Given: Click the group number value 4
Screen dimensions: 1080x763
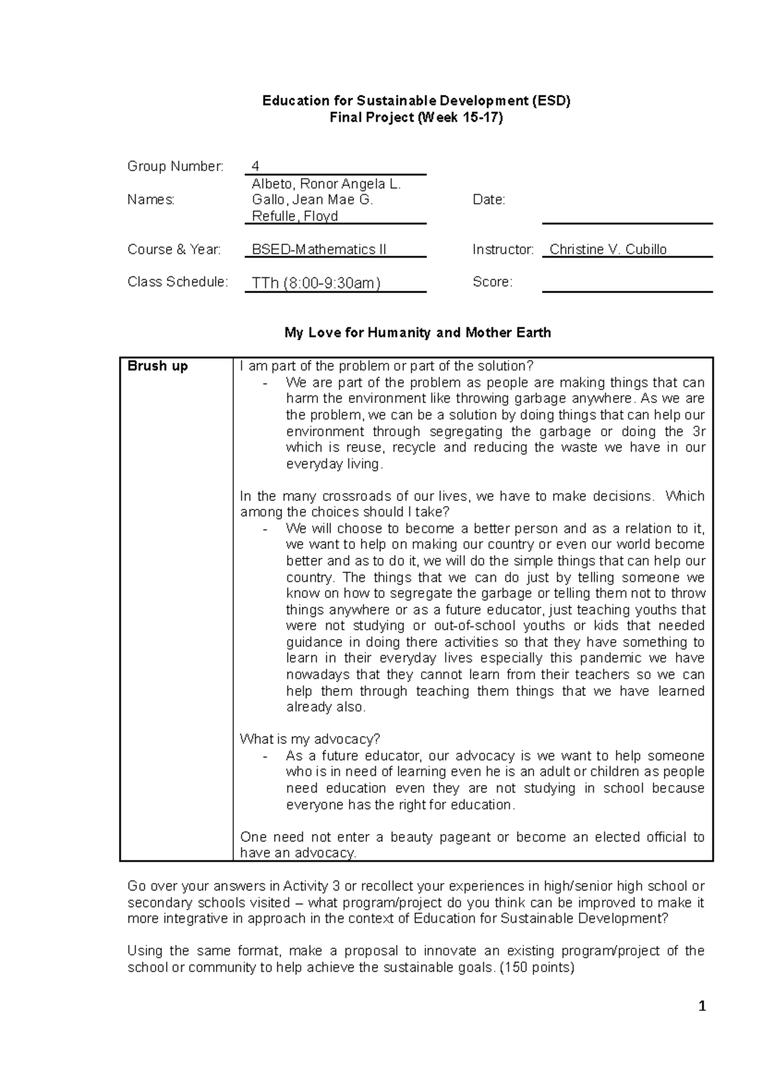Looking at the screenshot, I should point(256,167).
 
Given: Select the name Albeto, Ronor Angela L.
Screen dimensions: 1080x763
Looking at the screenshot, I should point(326,184).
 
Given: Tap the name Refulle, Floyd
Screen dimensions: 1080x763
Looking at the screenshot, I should point(294,216).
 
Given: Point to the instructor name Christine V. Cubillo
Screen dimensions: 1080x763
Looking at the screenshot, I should point(608,249).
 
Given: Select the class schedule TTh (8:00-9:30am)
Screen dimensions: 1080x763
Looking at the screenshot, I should point(316,283).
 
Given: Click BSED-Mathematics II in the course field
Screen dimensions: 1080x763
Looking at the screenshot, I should point(319,249).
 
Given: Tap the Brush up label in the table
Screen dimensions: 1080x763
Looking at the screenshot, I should point(158,366).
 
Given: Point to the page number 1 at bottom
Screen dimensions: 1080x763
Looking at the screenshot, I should point(702,1006).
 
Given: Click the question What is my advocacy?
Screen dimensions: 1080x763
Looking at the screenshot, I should point(310,739).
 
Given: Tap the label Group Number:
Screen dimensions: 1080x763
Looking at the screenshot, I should point(175,167).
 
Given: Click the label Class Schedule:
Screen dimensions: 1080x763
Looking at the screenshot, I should point(177,282).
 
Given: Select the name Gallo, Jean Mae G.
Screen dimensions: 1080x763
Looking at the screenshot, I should point(312,200).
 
